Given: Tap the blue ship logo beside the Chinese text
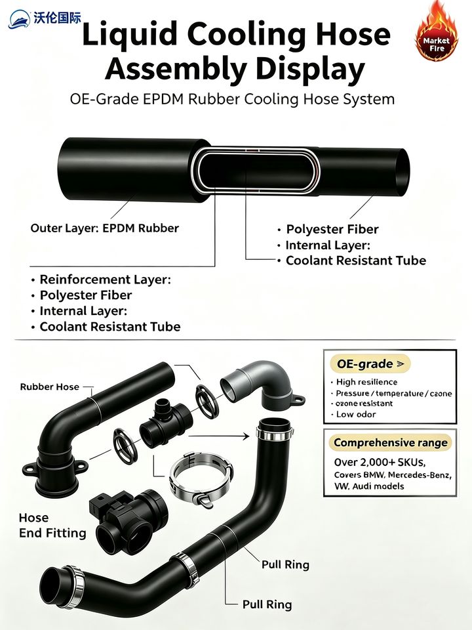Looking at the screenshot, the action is click(x=19, y=19).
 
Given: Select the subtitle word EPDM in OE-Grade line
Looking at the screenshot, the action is click(x=164, y=99).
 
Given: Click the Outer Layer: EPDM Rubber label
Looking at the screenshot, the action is click(x=105, y=228).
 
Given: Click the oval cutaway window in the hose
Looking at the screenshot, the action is click(x=256, y=169).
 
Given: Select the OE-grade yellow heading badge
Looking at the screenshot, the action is click(x=370, y=364).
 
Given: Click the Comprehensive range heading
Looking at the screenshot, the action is click(x=390, y=443).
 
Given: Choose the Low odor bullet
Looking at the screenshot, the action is click(x=355, y=414).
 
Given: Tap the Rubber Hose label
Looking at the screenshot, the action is click(x=49, y=387).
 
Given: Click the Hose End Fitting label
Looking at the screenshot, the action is click(x=52, y=525).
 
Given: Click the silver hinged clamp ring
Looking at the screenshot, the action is click(x=201, y=478).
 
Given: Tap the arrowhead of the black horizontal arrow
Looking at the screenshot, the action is click(x=246, y=436).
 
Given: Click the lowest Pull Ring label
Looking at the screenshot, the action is click(x=267, y=604).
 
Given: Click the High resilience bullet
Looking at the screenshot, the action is click(x=364, y=382).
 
